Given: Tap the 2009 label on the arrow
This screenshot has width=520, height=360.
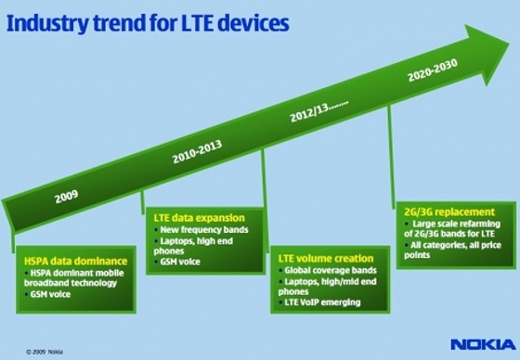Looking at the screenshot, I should click(65, 197).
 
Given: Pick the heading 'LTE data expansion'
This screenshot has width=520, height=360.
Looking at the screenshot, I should click(193, 216).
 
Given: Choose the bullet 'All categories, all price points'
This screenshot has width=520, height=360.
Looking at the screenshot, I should click(453, 248).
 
